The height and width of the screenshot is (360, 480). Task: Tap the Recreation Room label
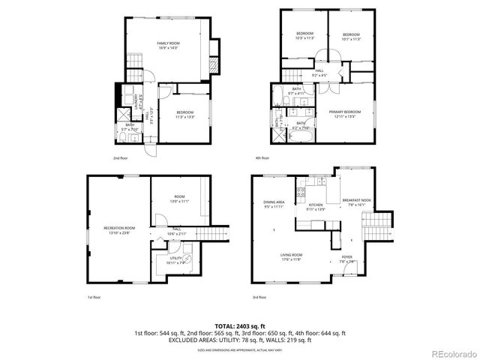tap(118, 230)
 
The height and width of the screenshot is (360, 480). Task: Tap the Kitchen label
tap(314, 206)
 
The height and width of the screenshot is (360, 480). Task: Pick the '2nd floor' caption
tap(119, 158)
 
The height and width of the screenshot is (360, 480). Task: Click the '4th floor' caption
tap(262, 158)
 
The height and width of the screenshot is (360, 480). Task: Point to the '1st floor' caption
tap(94, 298)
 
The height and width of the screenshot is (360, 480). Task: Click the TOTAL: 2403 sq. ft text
tap(240, 326)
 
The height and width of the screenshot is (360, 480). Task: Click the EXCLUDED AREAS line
tap(240, 340)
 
